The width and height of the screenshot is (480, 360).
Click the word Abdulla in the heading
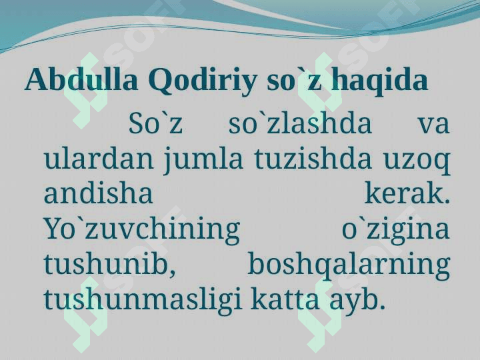[81, 79]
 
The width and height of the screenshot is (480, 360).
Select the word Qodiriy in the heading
[203, 81]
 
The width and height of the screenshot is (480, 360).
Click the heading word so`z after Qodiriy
[294, 81]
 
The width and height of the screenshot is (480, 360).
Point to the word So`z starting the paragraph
[155, 124]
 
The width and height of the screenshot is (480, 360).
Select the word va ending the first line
[434, 125]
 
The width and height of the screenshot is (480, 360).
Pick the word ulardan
[99, 159]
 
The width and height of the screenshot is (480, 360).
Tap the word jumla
[203, 160]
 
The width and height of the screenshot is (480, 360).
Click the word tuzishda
[313, 159]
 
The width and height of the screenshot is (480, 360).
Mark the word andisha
[98, 193]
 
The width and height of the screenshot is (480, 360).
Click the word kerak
[407, 193]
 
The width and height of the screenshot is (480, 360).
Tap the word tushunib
[110, 264]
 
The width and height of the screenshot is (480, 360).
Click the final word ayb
[357, 300]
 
